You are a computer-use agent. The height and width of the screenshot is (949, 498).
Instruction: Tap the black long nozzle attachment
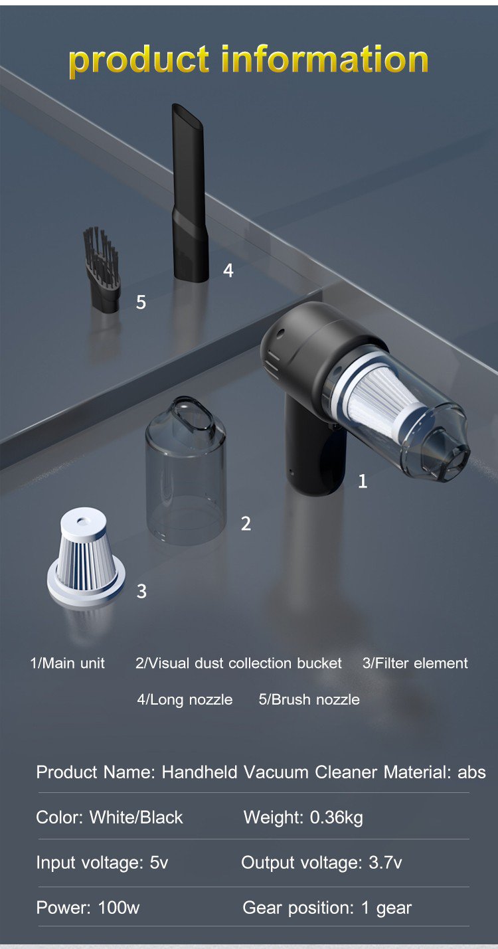point(189,193)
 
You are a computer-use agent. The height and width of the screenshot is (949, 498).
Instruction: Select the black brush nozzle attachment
point(102,270)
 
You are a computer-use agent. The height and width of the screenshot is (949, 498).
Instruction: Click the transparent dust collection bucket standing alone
point(186,470)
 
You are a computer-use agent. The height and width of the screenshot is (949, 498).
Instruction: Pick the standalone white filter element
point(86,557)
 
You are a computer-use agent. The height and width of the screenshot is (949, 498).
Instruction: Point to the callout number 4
point(228,270)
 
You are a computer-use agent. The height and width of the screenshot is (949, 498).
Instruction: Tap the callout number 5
point(141,302)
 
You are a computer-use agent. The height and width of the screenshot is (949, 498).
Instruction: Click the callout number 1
point(363,481)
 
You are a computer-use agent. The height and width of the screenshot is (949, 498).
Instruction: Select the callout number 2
point(246,524)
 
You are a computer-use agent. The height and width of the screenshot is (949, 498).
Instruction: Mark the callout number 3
point(141,591)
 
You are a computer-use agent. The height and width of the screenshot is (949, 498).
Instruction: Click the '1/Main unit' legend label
point(67,663)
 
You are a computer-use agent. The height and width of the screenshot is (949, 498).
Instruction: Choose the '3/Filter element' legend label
point(415,663)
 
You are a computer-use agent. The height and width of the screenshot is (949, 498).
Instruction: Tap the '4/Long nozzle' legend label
point(185,699)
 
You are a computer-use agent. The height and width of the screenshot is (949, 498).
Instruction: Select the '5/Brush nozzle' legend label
point(309,699)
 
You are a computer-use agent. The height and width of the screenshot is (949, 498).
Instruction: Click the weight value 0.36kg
point(337,818)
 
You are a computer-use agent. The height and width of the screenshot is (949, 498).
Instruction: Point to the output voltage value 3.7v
point(385,863)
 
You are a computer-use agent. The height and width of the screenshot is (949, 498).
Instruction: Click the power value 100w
point(119,907)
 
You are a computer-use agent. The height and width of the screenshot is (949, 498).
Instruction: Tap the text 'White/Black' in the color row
point(136,818)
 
